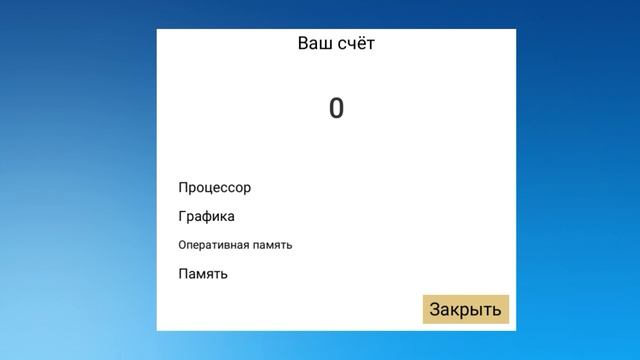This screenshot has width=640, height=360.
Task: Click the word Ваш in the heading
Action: tap(315, 44)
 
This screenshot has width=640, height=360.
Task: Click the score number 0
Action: tap(336, 108)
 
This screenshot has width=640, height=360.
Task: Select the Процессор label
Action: tap(215, 187)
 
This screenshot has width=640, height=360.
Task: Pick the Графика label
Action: tap(207, 216)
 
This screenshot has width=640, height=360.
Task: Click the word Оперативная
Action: tap(219, 245)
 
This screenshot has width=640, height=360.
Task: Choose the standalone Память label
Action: tap(203, 273)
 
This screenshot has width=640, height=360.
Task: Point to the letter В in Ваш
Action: tap(304, 44)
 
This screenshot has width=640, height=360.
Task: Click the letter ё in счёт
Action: tap(360, 44)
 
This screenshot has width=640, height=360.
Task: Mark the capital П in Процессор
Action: tap(184, 187)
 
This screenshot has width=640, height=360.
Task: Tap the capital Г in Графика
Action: tap(183, 216)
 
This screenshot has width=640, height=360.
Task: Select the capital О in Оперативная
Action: tap(182, 245)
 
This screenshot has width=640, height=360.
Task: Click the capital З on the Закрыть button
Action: tap(435, 310)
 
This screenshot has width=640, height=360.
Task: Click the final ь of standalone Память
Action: tap(223, 274)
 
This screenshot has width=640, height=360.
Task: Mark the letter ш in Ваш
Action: tap(326, 45)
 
